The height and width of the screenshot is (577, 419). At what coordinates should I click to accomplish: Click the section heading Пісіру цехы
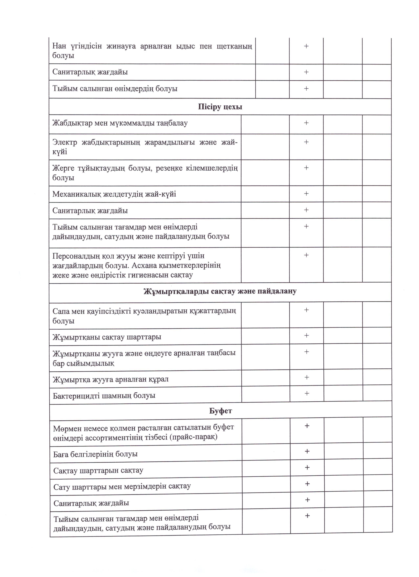tap(220, 107)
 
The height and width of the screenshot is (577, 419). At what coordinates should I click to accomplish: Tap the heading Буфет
tap(221, 411)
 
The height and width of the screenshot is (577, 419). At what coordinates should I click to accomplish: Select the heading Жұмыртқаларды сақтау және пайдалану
tap(220, 291)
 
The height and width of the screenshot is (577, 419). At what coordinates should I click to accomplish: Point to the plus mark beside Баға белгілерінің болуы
tap(307, 451)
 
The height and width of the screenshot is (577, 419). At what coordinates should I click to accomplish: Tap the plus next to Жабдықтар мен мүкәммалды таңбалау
tap(306, 123)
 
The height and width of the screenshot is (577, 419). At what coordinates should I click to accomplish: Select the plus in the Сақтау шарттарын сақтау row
tap(307, 467)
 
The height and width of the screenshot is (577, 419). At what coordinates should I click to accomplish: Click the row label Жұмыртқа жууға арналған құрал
tap(110, 379)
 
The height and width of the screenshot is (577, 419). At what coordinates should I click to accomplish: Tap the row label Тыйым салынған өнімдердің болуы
tap(115, 89)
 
